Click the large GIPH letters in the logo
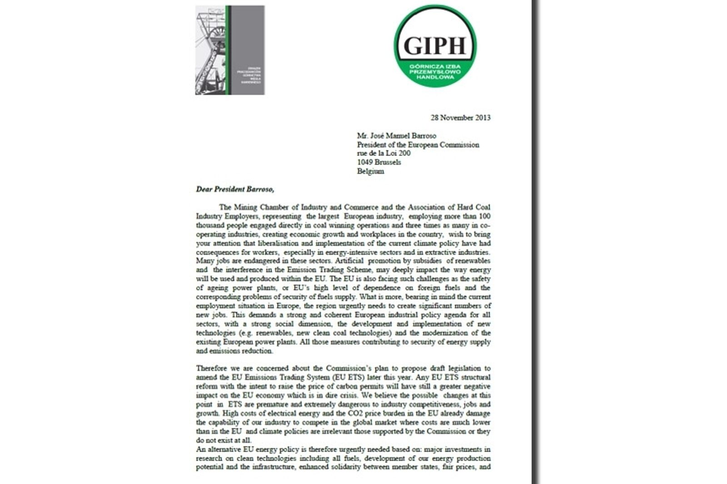[435, 45]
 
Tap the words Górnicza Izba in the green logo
[435, 66]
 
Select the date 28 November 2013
[460, 118]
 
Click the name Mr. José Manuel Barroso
[396, 136]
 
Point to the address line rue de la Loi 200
[383, 153]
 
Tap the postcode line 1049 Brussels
[379, 162]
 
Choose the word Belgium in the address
[370, 171]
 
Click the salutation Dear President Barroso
[235, 189]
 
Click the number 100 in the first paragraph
[484, 216]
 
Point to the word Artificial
[349, 261]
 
